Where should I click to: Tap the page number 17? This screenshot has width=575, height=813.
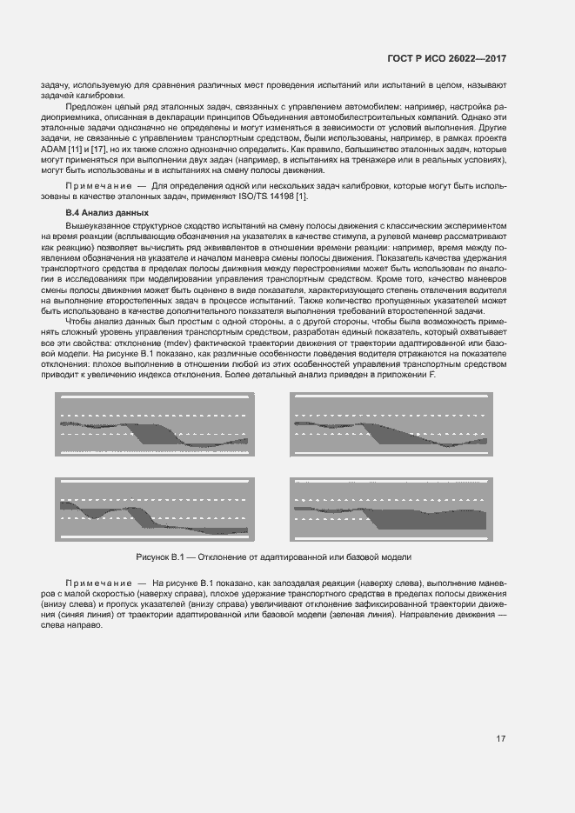click(501, 739)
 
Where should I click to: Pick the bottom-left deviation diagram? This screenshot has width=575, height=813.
click(153, 510)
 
